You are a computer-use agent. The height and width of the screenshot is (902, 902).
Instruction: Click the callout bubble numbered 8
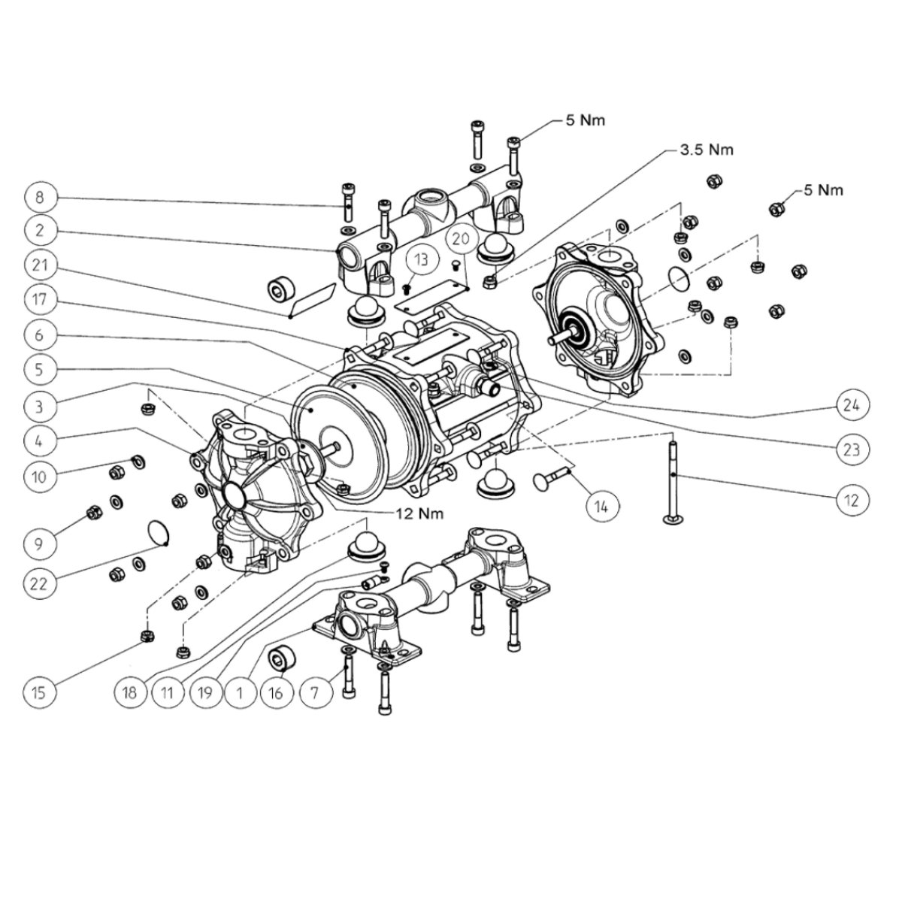40,197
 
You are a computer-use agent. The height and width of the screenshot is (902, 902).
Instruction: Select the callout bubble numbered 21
40,265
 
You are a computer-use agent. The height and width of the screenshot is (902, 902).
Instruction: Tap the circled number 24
852,405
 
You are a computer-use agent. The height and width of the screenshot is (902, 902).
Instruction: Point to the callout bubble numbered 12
852,500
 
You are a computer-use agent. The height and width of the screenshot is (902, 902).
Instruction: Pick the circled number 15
40,692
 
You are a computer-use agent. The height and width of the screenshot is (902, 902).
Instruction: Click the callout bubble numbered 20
461,239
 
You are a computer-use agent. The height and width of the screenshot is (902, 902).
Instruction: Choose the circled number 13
422,259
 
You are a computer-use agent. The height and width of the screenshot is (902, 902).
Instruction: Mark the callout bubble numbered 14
602,506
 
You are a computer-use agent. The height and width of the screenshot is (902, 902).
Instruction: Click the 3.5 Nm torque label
706,150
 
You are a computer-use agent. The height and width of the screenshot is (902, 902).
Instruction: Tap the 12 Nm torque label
419,513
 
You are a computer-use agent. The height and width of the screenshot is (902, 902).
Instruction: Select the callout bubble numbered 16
277,692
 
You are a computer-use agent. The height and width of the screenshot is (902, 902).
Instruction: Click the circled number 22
40,583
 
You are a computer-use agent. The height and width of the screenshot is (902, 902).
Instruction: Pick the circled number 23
852,449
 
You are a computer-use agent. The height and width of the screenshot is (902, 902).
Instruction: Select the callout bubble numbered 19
204,692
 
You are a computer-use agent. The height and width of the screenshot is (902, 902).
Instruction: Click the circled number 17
40,299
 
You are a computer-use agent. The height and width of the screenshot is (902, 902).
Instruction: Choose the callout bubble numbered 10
40,477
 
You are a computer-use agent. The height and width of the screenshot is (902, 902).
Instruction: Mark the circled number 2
40,230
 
